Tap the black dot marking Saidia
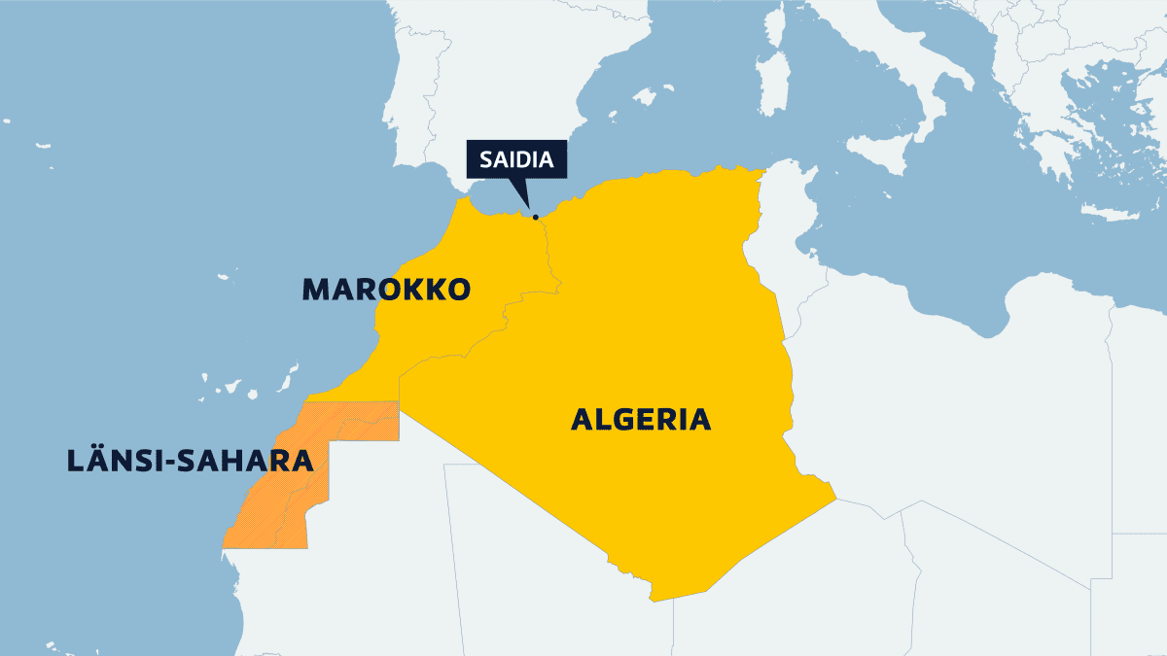[x=535, y=217]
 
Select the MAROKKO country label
[x=386, y=289]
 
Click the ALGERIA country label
[x=641, y=420]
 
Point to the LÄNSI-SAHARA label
[x=190, y=460]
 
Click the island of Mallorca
[x=645, y=96]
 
